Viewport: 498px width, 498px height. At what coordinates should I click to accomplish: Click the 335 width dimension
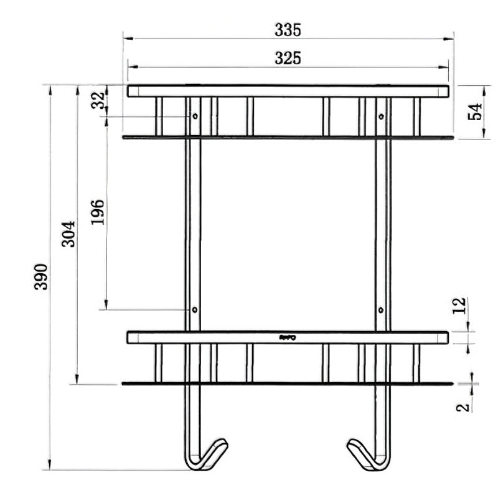(288, 29)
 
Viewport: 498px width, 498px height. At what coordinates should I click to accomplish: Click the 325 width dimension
(288, 58)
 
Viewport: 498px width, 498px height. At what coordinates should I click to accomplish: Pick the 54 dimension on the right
(475, 112)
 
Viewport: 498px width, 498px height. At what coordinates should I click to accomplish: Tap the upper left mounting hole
(195, 116)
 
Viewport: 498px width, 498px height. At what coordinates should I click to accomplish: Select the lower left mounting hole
(195, 309)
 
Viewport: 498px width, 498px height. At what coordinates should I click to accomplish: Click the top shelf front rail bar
(288, 91)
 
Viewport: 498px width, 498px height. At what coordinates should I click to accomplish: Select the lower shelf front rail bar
(288, 337)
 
